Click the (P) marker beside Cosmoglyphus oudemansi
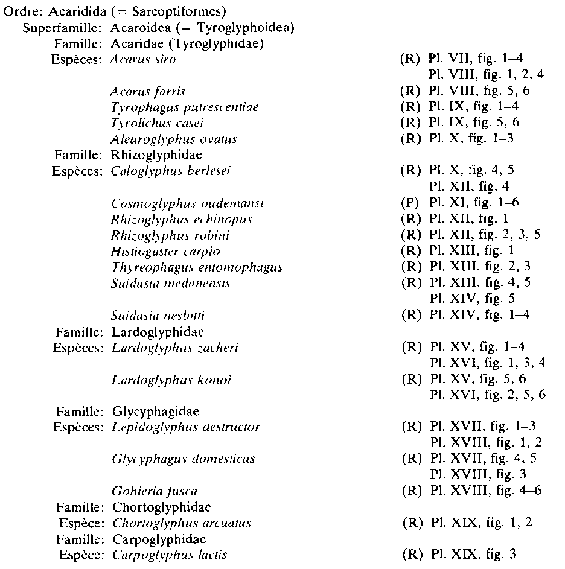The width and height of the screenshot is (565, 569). coord(410,202)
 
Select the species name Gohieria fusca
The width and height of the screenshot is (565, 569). coord(155,491)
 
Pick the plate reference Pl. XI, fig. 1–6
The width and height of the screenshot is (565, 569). coord(474,202)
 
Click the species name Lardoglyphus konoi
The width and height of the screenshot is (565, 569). coord(171,380)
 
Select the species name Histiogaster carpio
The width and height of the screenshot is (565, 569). coord(165,250)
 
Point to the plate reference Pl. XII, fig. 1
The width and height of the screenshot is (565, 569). coord(469,218)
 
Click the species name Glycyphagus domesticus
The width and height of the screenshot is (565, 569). coord(184,459)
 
